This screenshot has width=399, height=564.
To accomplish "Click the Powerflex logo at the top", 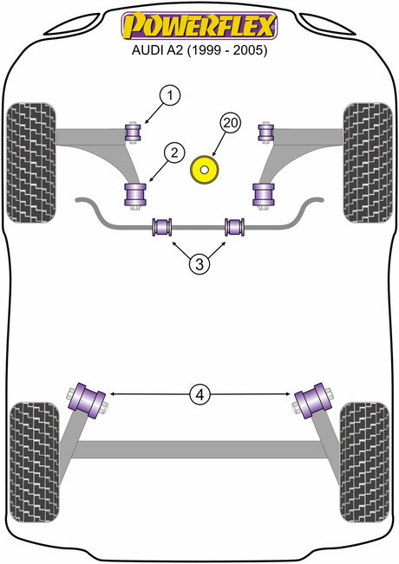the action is point(199,25).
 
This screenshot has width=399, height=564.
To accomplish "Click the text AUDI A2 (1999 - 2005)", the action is point(199,50).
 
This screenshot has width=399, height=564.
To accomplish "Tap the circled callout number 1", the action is point(170,95).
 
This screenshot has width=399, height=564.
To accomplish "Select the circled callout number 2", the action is point(174,153).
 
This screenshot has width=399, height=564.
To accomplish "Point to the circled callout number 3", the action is point(199,264).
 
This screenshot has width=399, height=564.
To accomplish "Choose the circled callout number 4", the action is point(199,395).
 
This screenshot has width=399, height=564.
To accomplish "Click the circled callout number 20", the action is point(231,123).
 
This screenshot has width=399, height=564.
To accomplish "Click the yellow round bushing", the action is point(204,170).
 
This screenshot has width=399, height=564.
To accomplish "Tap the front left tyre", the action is point(31,163).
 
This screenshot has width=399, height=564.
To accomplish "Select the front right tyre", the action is point(368,163).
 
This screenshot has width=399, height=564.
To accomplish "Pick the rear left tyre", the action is point(34,463).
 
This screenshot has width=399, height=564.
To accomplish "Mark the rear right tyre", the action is point(364,463).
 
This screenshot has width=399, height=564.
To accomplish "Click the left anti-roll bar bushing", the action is point(162,227).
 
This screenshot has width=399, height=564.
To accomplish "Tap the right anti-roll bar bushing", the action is point(235,227).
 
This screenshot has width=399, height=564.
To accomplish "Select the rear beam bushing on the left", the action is point(87,401).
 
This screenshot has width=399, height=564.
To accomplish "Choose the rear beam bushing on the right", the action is point(312,401).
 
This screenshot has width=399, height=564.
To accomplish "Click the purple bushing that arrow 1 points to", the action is point(133,133).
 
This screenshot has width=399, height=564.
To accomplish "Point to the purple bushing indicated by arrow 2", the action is point(135,195).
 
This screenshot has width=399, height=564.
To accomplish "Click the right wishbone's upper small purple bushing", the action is point(265,133).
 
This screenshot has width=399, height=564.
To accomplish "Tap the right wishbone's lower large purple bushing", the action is point(264,195).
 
